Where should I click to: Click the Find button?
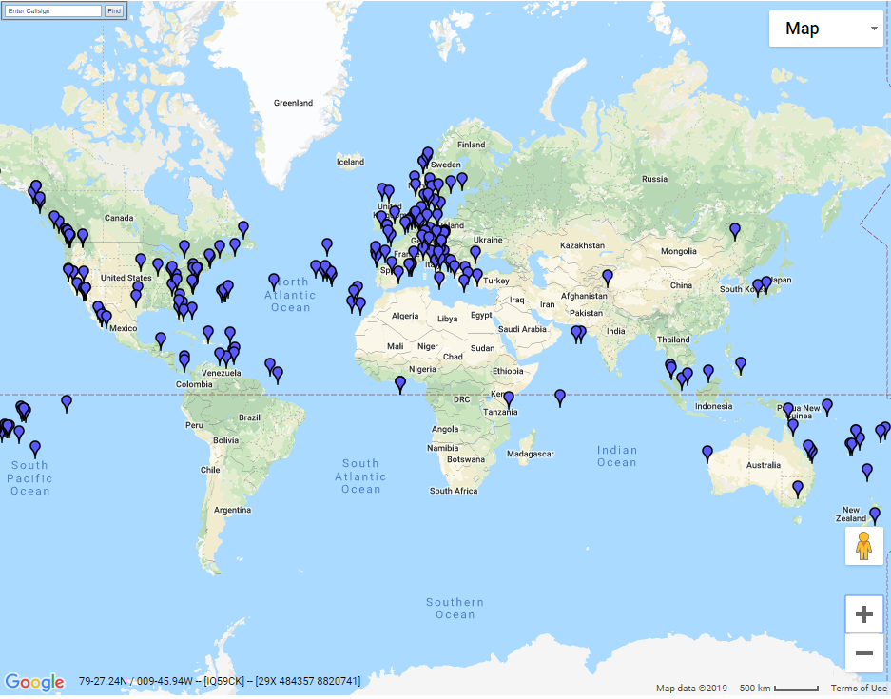[113, 10]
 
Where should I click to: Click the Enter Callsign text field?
[52, 10]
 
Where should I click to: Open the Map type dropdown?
[825, 29]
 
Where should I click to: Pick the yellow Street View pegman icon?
[863, 547]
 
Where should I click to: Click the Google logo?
[34, 682]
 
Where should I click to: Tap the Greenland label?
[293, 103]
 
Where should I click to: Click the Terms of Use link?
[859, 689]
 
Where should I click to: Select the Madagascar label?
[530, 455]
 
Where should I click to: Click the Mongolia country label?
[679, 251]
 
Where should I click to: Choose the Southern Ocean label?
[455, 609]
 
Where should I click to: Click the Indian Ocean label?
[616, 456]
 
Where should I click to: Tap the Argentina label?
[232, 511]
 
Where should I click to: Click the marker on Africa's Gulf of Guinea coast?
[400, 383]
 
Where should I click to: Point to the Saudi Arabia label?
[521, 329]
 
